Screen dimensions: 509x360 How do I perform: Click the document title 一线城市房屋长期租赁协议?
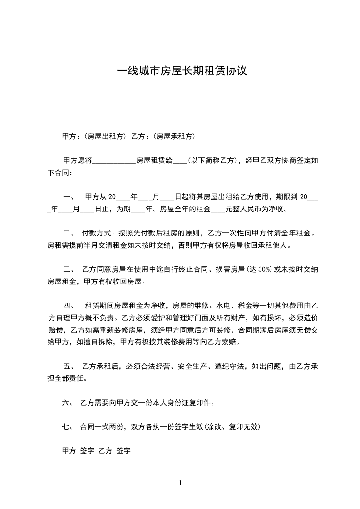[182, 71]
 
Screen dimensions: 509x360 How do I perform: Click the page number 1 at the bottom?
[180, 483]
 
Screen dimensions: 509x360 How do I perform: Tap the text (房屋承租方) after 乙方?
[175, 136]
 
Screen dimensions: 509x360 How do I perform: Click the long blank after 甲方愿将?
[114, 161]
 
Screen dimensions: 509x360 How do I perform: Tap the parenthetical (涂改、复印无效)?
[232, 426]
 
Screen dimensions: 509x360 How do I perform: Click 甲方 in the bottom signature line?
[69, 451]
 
